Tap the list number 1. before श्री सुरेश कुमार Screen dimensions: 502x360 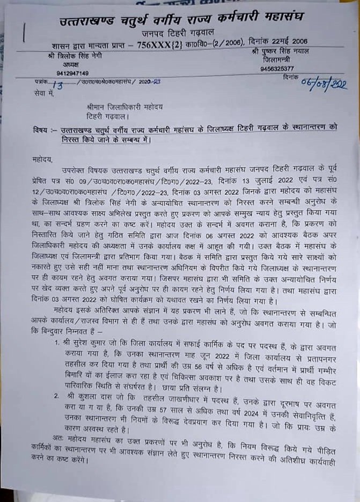tap(56, 341)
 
